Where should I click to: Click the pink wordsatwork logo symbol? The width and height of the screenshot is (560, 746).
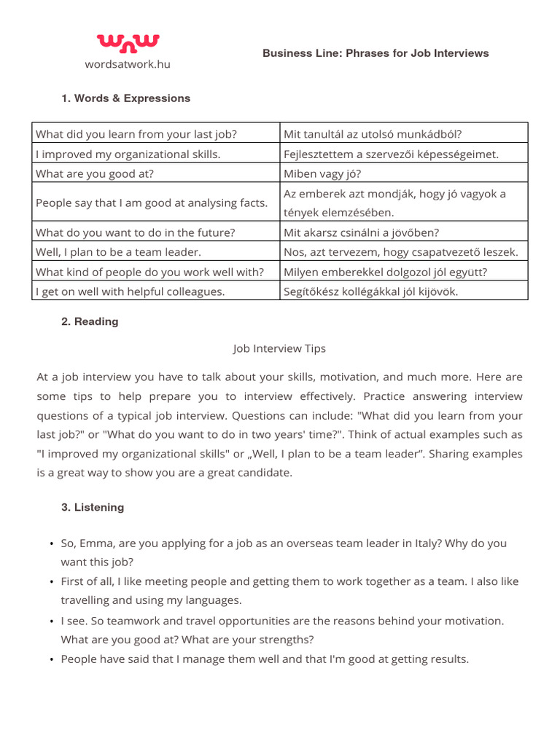tap(128, 44)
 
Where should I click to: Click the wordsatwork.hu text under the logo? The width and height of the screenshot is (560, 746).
tap(128, 64)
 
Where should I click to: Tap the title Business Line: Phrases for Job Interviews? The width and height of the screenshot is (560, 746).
tap(376, 53)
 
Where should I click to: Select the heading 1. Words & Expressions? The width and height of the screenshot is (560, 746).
tap(125, 98)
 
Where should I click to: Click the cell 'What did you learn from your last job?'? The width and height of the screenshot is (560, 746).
tap(136, 134)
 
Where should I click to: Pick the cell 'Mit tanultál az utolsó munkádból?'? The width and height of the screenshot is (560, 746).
tap(373, 134)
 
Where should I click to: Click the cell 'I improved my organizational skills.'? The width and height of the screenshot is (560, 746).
tap(128, 154)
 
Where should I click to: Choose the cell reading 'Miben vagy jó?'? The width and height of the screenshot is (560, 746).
tap(322, 173)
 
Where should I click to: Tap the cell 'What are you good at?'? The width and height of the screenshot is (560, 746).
tap(95, 173)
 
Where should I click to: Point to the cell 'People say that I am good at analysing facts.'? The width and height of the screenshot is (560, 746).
tap(152, 203)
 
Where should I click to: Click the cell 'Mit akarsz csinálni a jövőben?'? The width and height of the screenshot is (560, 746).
tap(362, 232)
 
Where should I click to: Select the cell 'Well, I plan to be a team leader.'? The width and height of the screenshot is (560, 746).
tap(118, 252)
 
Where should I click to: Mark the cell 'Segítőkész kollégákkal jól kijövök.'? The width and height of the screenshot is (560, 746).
tap(370, 291)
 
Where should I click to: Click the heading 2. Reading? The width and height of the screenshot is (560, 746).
tap(90, 321)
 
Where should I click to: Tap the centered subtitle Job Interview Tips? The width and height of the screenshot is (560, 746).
tap(279, 348)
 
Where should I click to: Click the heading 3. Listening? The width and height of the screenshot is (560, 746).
tap(93, 507)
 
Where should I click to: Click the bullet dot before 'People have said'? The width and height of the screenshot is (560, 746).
tap(51, 659)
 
